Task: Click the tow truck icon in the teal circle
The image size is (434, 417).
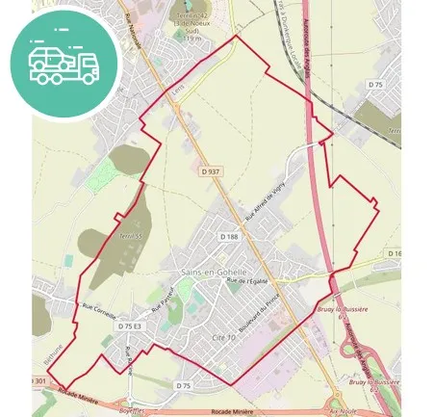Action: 64,64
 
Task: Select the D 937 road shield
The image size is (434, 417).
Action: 211,171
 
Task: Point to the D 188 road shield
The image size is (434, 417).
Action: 228,237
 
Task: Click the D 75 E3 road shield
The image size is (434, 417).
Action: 130,326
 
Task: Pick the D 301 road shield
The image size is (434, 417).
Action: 38,381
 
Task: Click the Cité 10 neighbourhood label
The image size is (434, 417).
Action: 223,338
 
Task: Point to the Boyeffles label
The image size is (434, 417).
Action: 130,410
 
